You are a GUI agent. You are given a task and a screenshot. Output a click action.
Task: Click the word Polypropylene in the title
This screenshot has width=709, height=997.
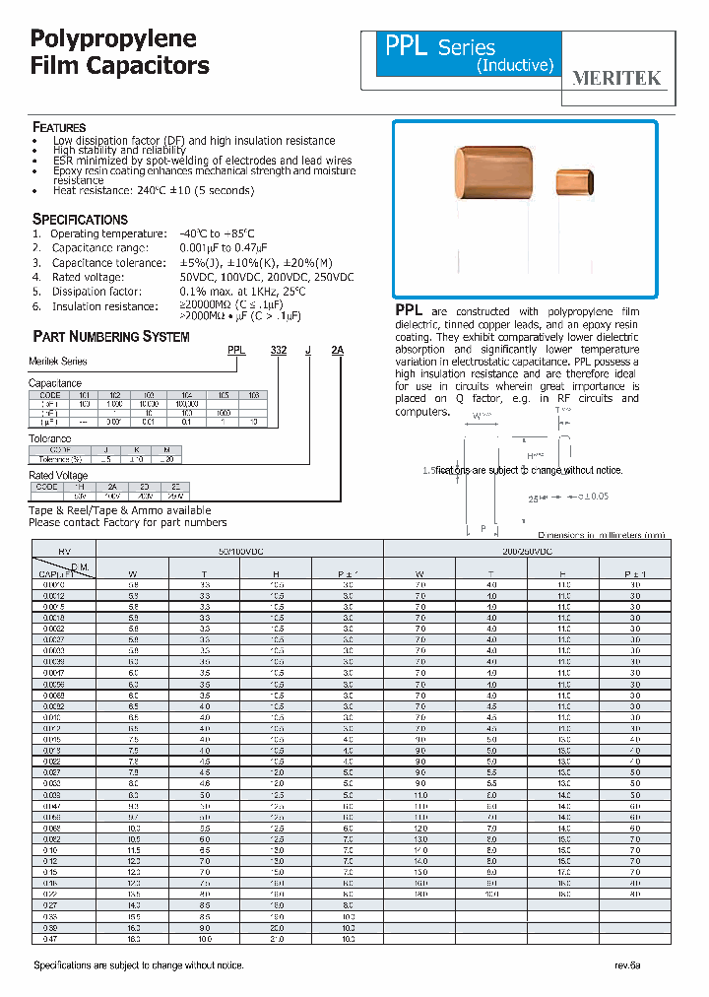tap(114, 39)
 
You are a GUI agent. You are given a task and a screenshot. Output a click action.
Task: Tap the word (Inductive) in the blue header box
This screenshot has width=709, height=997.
tap(515, 66)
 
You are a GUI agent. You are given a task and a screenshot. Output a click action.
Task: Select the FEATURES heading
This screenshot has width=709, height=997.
tap(59, 127)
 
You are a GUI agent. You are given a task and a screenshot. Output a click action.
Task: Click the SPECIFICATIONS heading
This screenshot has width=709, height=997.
tap(80, 219)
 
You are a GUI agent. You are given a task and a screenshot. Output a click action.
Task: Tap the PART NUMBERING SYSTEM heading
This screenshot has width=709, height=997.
tap(111, 337)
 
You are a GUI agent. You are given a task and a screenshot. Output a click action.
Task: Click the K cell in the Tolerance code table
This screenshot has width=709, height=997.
tap(138, 449)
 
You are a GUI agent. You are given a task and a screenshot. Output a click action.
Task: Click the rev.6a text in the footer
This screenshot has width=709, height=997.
tap(627, 965)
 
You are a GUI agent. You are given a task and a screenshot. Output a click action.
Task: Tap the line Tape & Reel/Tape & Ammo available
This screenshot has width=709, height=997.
tap(120, 510)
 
